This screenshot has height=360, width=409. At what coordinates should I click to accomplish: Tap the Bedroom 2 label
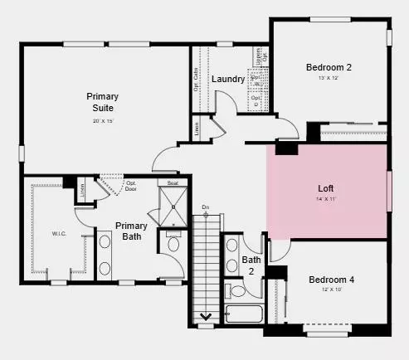[x=329, y=67]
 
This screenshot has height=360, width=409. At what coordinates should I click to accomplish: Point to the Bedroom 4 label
[x=331, y=280]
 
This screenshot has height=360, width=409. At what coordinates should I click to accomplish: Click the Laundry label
[x=227, y=79]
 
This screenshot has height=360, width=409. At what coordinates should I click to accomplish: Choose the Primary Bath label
[x=131, y=231]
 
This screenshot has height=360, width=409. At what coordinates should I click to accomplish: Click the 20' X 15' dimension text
[x=103, y=122]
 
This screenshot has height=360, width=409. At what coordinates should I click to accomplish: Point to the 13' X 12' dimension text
[x=329, y=78]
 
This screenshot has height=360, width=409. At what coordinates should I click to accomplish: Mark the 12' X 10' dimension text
[x=331, y=290]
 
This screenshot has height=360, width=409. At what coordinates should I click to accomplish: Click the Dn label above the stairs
[x=205, y=207]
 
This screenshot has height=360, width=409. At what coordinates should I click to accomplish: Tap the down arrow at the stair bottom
[x=205, y=316]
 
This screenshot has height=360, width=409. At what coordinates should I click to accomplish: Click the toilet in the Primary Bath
[x=173, y=244]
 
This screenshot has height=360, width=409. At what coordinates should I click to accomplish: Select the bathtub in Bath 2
[x=246, y=316]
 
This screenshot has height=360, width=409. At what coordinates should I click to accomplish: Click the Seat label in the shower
[x=173, y=182]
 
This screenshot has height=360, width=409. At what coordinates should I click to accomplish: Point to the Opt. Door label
[x=130, y=185]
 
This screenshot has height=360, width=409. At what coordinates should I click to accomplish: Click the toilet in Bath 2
[x=237, y=291]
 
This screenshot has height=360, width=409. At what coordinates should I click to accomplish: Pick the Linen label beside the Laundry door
[x=197, y=128]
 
